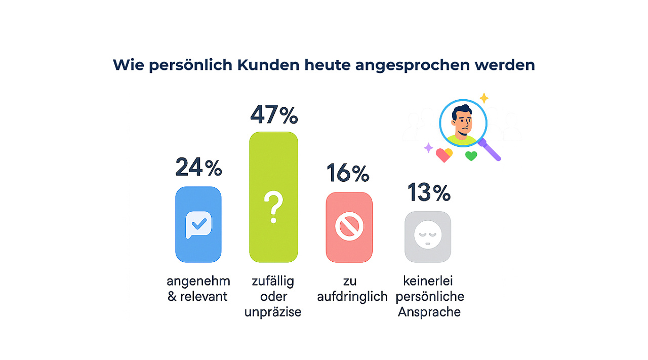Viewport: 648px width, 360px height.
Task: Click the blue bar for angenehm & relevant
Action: pyautogui.click(x=198, y=224)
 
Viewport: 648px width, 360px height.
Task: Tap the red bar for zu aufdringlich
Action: pyautogui.click(x=349, y=227)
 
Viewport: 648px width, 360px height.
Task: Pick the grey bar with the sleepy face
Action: pyautogui.click(x=428, y=236)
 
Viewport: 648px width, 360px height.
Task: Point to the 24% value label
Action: pyautogui.click(x=198, y=168)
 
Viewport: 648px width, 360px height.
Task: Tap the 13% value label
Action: pyautogui.click(x=429, y=192)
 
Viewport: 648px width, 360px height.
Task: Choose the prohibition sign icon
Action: pyautogui.click(x=349, y=228)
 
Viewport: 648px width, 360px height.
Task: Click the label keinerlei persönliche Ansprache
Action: pyautogui.click(x=430, y=296)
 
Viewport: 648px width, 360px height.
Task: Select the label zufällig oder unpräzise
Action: pyautogui.click(x=273, y=296)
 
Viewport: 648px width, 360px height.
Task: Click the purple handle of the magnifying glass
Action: pyautogui.click(x=492, y=151)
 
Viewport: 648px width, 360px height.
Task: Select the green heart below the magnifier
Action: pyautogui.click(x=471, y=156)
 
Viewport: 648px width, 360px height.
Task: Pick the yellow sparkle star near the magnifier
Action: pyautogui.click(x=484, y=98)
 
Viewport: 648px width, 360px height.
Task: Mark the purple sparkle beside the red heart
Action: pyautogui.click(x=428, y=148)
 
